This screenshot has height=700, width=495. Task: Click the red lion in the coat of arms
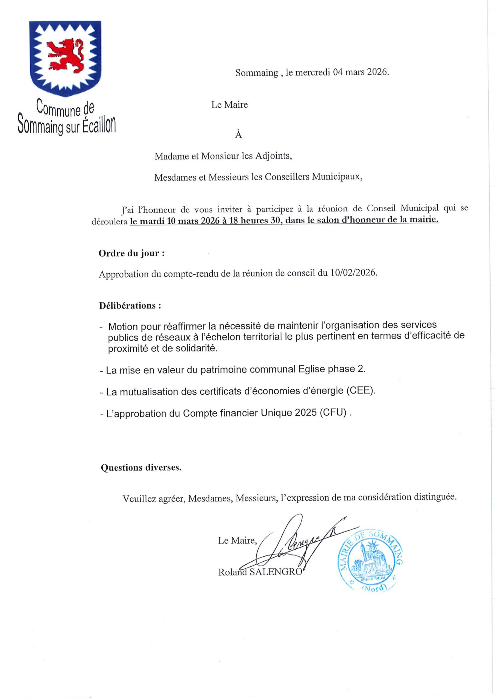pyautogui.click(x=65, y=54)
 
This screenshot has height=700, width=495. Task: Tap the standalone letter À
pyautogui.click(x=238, y=135)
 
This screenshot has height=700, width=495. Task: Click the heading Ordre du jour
pyautogui.click(x=131, y=253)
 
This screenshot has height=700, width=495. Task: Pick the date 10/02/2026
pyautogui.click(x=354, y=273)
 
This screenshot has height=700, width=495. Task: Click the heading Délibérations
pyautogui.click(x=130, y=305)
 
